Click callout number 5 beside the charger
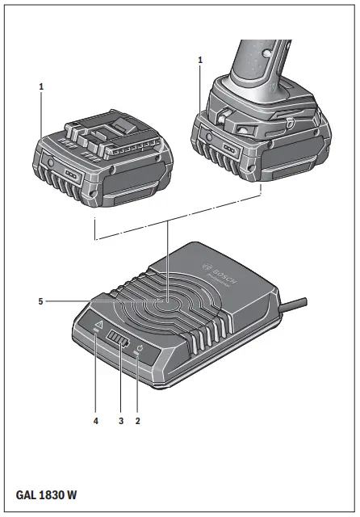pos(40,301)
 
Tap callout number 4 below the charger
pos(95,421)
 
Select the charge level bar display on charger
pos(119,343)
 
